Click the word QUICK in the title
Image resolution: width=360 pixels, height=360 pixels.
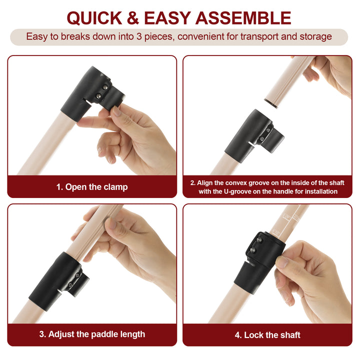click(94, 18)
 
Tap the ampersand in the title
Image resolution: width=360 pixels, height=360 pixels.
click(133, 18)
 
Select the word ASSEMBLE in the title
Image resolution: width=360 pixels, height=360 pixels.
click(243, 18)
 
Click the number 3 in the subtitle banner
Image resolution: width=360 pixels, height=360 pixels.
click(139, 36)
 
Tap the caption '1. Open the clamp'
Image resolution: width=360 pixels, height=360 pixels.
click(92, 187)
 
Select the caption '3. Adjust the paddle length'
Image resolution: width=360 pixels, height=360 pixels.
click(92, 334)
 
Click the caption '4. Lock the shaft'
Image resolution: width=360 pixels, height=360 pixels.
click(267, 335)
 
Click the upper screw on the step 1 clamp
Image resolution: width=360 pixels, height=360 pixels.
click(105, 87)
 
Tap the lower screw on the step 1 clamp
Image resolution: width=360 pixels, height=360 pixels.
click(98, 96)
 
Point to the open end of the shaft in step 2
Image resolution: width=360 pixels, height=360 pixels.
click(271, 103)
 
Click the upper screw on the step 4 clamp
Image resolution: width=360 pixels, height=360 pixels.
click(259, 240)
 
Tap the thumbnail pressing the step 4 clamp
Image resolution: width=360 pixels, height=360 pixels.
click(282, 262)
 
